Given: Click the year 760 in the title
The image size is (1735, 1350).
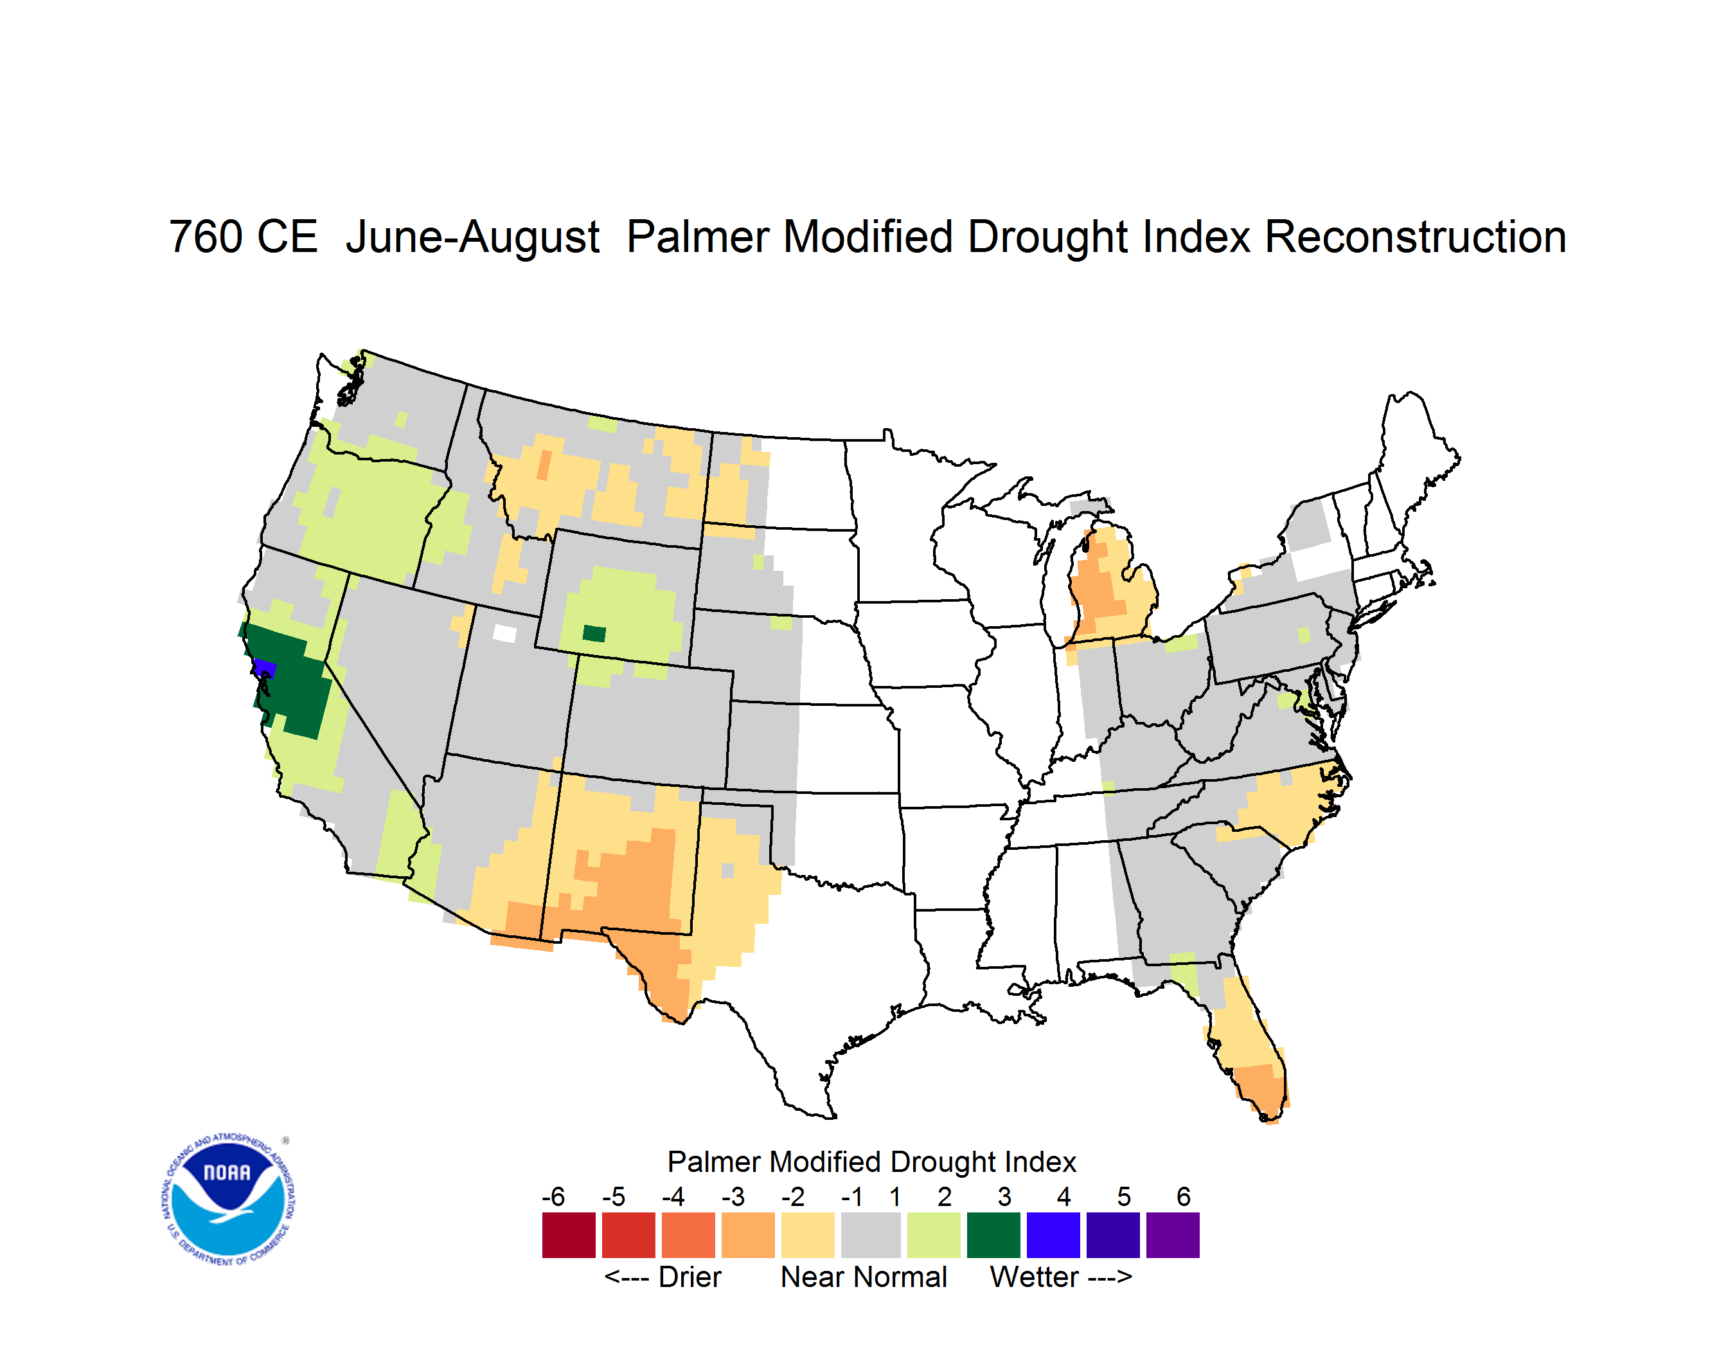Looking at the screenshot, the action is [243, 237].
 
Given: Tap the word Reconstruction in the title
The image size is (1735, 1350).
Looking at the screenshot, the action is [1415, 237].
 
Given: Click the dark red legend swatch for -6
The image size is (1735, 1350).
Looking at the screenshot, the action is [569, 1235].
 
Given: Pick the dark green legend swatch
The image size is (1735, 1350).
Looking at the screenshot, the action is [993, 1235].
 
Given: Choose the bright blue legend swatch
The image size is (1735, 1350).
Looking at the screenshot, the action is [1053, 1235].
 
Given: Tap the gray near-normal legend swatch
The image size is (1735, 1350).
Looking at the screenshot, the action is [871, 1235].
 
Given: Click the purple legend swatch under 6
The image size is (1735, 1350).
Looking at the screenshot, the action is [1173, 1235].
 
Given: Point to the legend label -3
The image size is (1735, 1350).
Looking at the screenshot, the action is [733, 1196].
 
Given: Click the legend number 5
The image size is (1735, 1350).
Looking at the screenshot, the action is [1123, 1196].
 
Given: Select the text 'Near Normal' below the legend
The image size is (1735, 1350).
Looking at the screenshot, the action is [864, 1277].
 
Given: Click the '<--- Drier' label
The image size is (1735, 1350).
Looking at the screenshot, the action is [663, 1277].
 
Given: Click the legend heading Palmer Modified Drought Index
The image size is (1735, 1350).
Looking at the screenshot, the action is [871, 1162].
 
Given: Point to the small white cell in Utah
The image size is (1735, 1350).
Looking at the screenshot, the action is [504, 633].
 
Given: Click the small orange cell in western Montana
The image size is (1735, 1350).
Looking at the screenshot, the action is [544, 465].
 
